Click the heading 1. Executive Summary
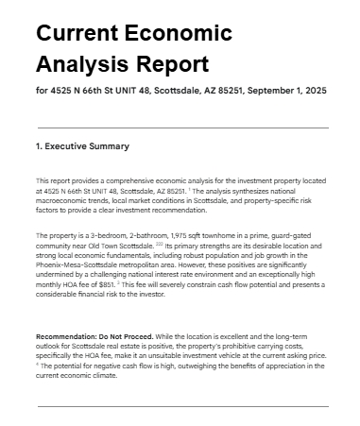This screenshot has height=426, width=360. pos(82,146)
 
